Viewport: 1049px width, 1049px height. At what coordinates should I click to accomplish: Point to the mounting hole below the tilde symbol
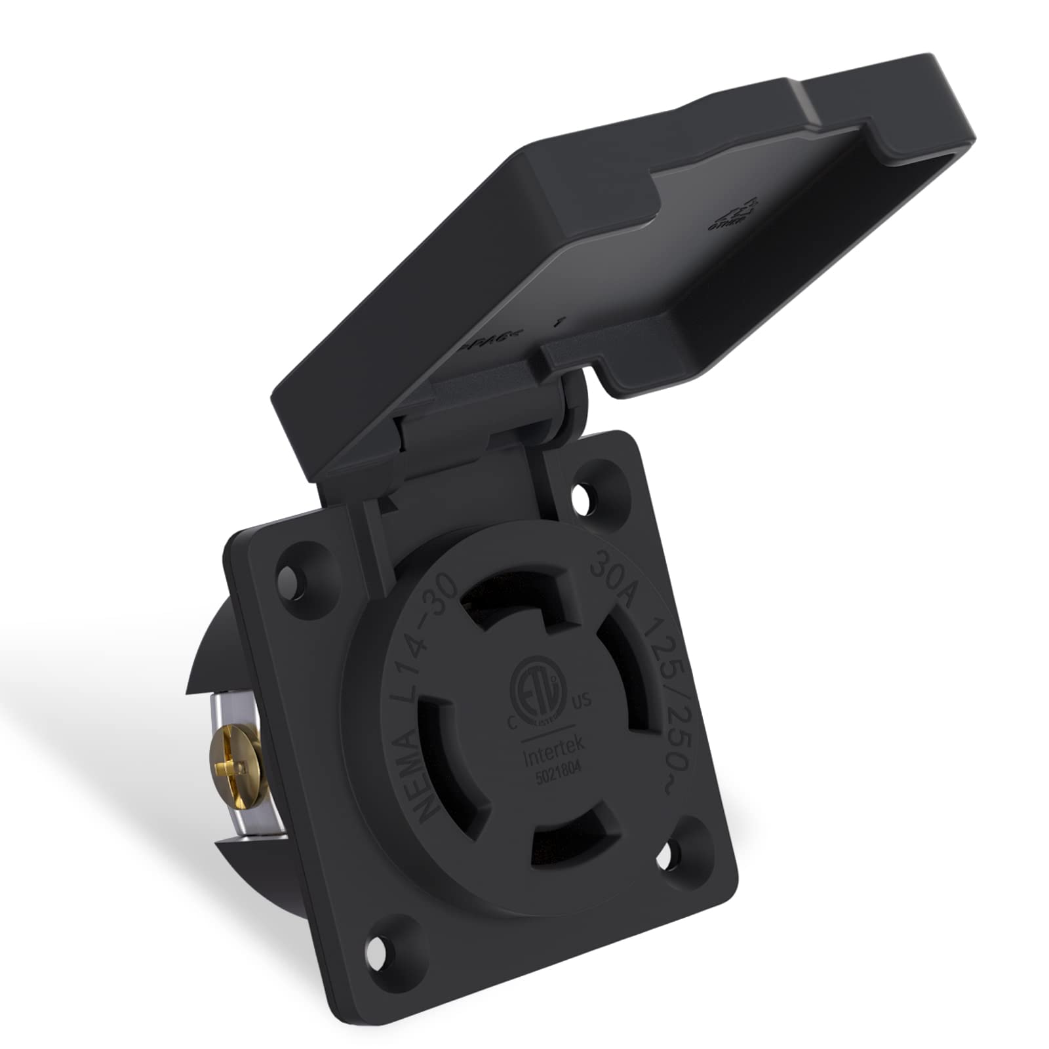672,856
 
